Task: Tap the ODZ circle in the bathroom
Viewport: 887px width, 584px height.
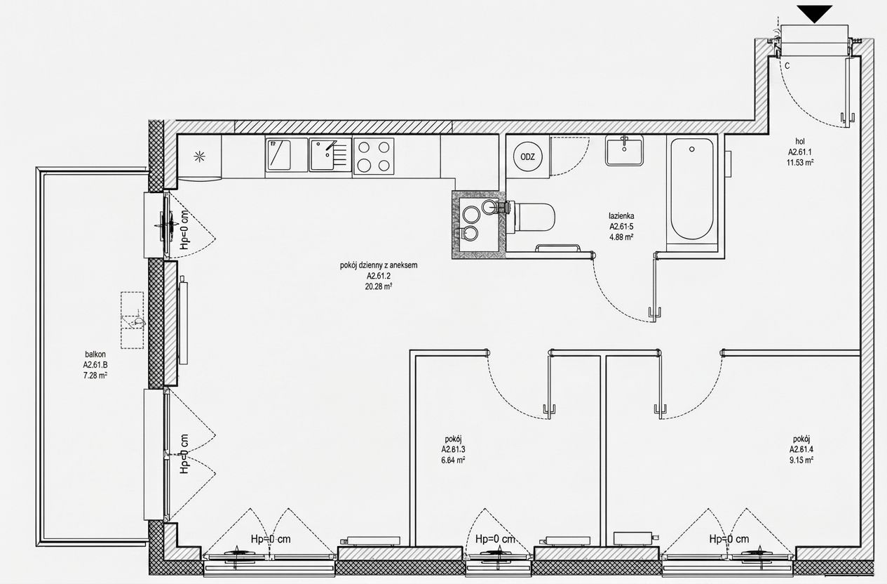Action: point(528,157)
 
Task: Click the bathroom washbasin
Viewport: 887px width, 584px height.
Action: point(624,150)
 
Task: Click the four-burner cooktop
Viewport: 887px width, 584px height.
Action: point(374,157)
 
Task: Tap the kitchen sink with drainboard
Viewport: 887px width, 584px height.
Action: point(330,154)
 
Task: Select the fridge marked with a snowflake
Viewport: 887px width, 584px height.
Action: point(199,157)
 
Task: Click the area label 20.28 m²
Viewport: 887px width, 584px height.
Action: point(379,286)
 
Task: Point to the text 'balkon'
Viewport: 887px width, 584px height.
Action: point(95,355)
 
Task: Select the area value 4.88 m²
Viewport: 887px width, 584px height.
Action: point(621,237)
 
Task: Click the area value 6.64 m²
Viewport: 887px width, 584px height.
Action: point(453,460)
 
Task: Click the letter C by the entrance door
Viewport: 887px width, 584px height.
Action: point(787,66)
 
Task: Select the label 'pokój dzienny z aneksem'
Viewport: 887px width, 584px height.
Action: point(379,265)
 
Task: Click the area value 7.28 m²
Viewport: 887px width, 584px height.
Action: point(95,376)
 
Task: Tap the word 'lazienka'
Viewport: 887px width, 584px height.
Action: point(621,216)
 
